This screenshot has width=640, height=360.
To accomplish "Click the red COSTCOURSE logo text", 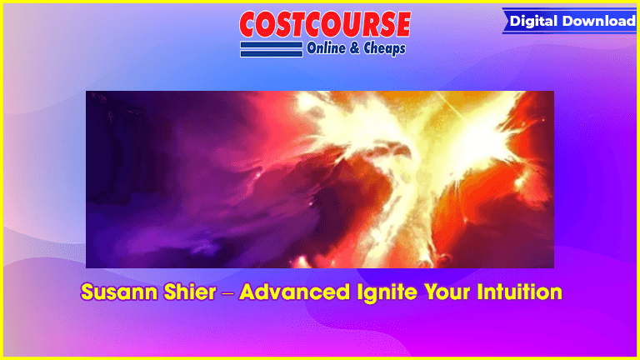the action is (x=325, y=24).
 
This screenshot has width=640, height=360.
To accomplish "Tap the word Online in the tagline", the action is (x=326, y=48).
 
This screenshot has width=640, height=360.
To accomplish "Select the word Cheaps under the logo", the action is (x=384, y=48).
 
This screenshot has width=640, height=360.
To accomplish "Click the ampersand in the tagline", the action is (x=355, y=48).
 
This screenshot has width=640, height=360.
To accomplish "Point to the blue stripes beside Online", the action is (x=272, y=49).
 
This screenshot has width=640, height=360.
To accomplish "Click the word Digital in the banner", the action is (x=534, y=21).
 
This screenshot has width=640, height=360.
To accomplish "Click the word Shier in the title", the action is (x=190, y=292).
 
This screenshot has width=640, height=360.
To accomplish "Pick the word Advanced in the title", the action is (x=295, y=292).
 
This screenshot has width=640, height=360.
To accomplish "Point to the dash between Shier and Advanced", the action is (x=227, y=293).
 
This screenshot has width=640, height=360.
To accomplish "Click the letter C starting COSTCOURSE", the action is (x=250, y=25).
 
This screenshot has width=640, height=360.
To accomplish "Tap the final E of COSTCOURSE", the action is (x=402, y=24).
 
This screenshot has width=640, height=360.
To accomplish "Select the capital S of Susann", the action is (x=88, y=292).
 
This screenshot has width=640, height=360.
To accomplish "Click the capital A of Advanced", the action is (x=248, y=292).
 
